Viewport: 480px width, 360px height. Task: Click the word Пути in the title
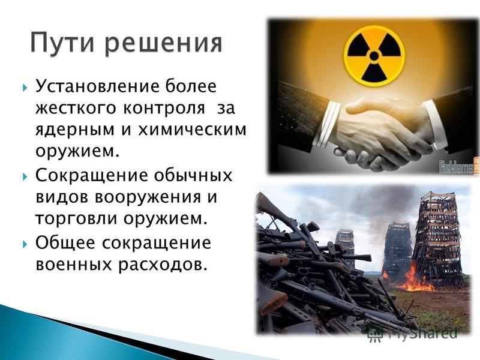click(x=63, y=42)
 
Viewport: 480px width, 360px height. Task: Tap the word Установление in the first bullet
click(x=98, y=86)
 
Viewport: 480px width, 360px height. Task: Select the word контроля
click(x=164, y=108)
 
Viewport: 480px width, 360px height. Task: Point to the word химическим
click(x=192, y=130)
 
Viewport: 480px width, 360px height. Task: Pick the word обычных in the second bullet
click(x=193, y=176)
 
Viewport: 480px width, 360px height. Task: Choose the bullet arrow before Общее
click(x=25, y=244)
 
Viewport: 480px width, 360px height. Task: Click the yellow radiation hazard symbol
click(x=374, y=56)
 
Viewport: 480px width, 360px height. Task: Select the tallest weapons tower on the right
click(x=439, y=241)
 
